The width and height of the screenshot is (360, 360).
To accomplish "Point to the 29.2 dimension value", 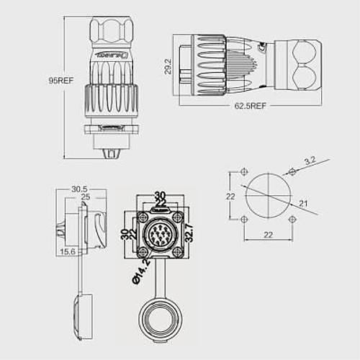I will (x=168, y=68).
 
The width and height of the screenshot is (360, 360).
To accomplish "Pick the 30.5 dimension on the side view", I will (x=81, y=189).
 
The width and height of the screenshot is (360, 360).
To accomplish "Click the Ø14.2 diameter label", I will (x=141, y=272).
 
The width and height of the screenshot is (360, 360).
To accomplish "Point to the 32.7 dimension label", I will (x=189, y=233).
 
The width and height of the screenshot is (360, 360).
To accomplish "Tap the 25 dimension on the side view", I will (x=85, y=197).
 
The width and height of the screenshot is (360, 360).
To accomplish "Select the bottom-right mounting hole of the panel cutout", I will (x=292, y=220).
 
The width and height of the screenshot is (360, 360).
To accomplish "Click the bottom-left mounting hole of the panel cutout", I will (x=245, y=220).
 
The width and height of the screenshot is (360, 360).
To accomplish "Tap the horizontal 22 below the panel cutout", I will (x=268, y=235).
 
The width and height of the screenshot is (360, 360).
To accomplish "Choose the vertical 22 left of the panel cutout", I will (x=230, y=197).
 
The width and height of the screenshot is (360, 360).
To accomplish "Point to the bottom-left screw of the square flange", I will (x=144, y=251).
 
